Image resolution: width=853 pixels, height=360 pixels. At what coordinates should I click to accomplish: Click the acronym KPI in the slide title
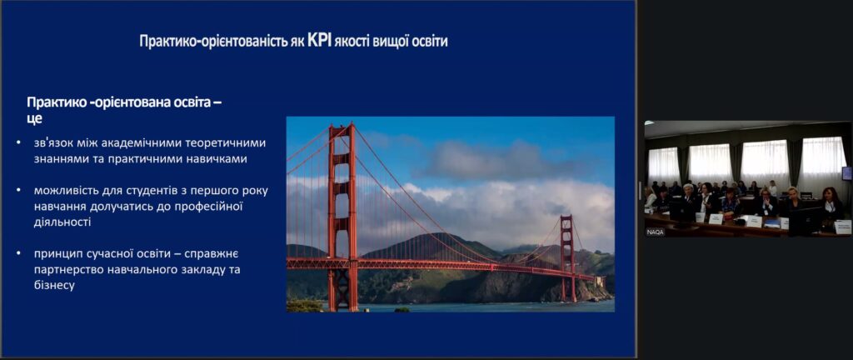[319, 41]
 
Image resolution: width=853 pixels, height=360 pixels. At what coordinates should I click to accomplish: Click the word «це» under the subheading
[34, 117]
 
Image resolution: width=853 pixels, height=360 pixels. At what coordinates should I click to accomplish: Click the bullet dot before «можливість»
[19, 191]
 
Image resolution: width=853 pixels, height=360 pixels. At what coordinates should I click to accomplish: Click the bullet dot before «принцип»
[19, 254]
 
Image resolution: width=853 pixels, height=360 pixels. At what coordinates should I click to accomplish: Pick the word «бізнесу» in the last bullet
[54, 285]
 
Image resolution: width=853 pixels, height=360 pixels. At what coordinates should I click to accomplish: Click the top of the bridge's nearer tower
[341, 126]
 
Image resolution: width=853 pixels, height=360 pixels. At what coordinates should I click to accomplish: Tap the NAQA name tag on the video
[655, 232]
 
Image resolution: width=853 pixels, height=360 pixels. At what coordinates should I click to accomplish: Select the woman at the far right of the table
[831, 204]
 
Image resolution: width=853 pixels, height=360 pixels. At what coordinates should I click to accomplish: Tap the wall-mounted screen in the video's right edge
[847, 173]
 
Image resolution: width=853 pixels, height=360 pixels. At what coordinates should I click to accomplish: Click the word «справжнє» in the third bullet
[212, 254]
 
